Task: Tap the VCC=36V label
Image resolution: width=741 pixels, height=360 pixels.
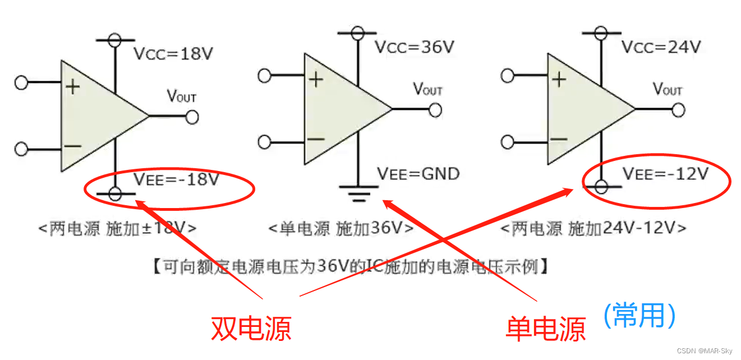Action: [414, 47]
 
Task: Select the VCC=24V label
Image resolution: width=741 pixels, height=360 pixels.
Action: [661, 47]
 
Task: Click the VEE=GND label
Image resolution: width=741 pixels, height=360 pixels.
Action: [418, 174]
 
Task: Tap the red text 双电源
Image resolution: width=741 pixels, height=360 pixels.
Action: [251, 328]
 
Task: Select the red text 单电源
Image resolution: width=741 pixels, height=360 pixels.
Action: [545, 328]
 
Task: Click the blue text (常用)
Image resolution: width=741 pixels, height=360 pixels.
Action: [639, 315]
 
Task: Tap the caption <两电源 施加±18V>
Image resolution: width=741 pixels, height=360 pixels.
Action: [117, 229]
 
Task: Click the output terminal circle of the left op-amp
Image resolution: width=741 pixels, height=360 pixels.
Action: [192, 117]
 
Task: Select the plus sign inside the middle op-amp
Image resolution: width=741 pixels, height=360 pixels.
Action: [316, 80]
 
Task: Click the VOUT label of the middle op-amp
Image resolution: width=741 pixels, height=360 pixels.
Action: [427, 89]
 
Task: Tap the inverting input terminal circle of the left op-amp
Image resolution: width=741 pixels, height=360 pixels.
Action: [21, 149]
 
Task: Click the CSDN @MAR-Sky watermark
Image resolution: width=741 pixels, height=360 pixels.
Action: [704, 351]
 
